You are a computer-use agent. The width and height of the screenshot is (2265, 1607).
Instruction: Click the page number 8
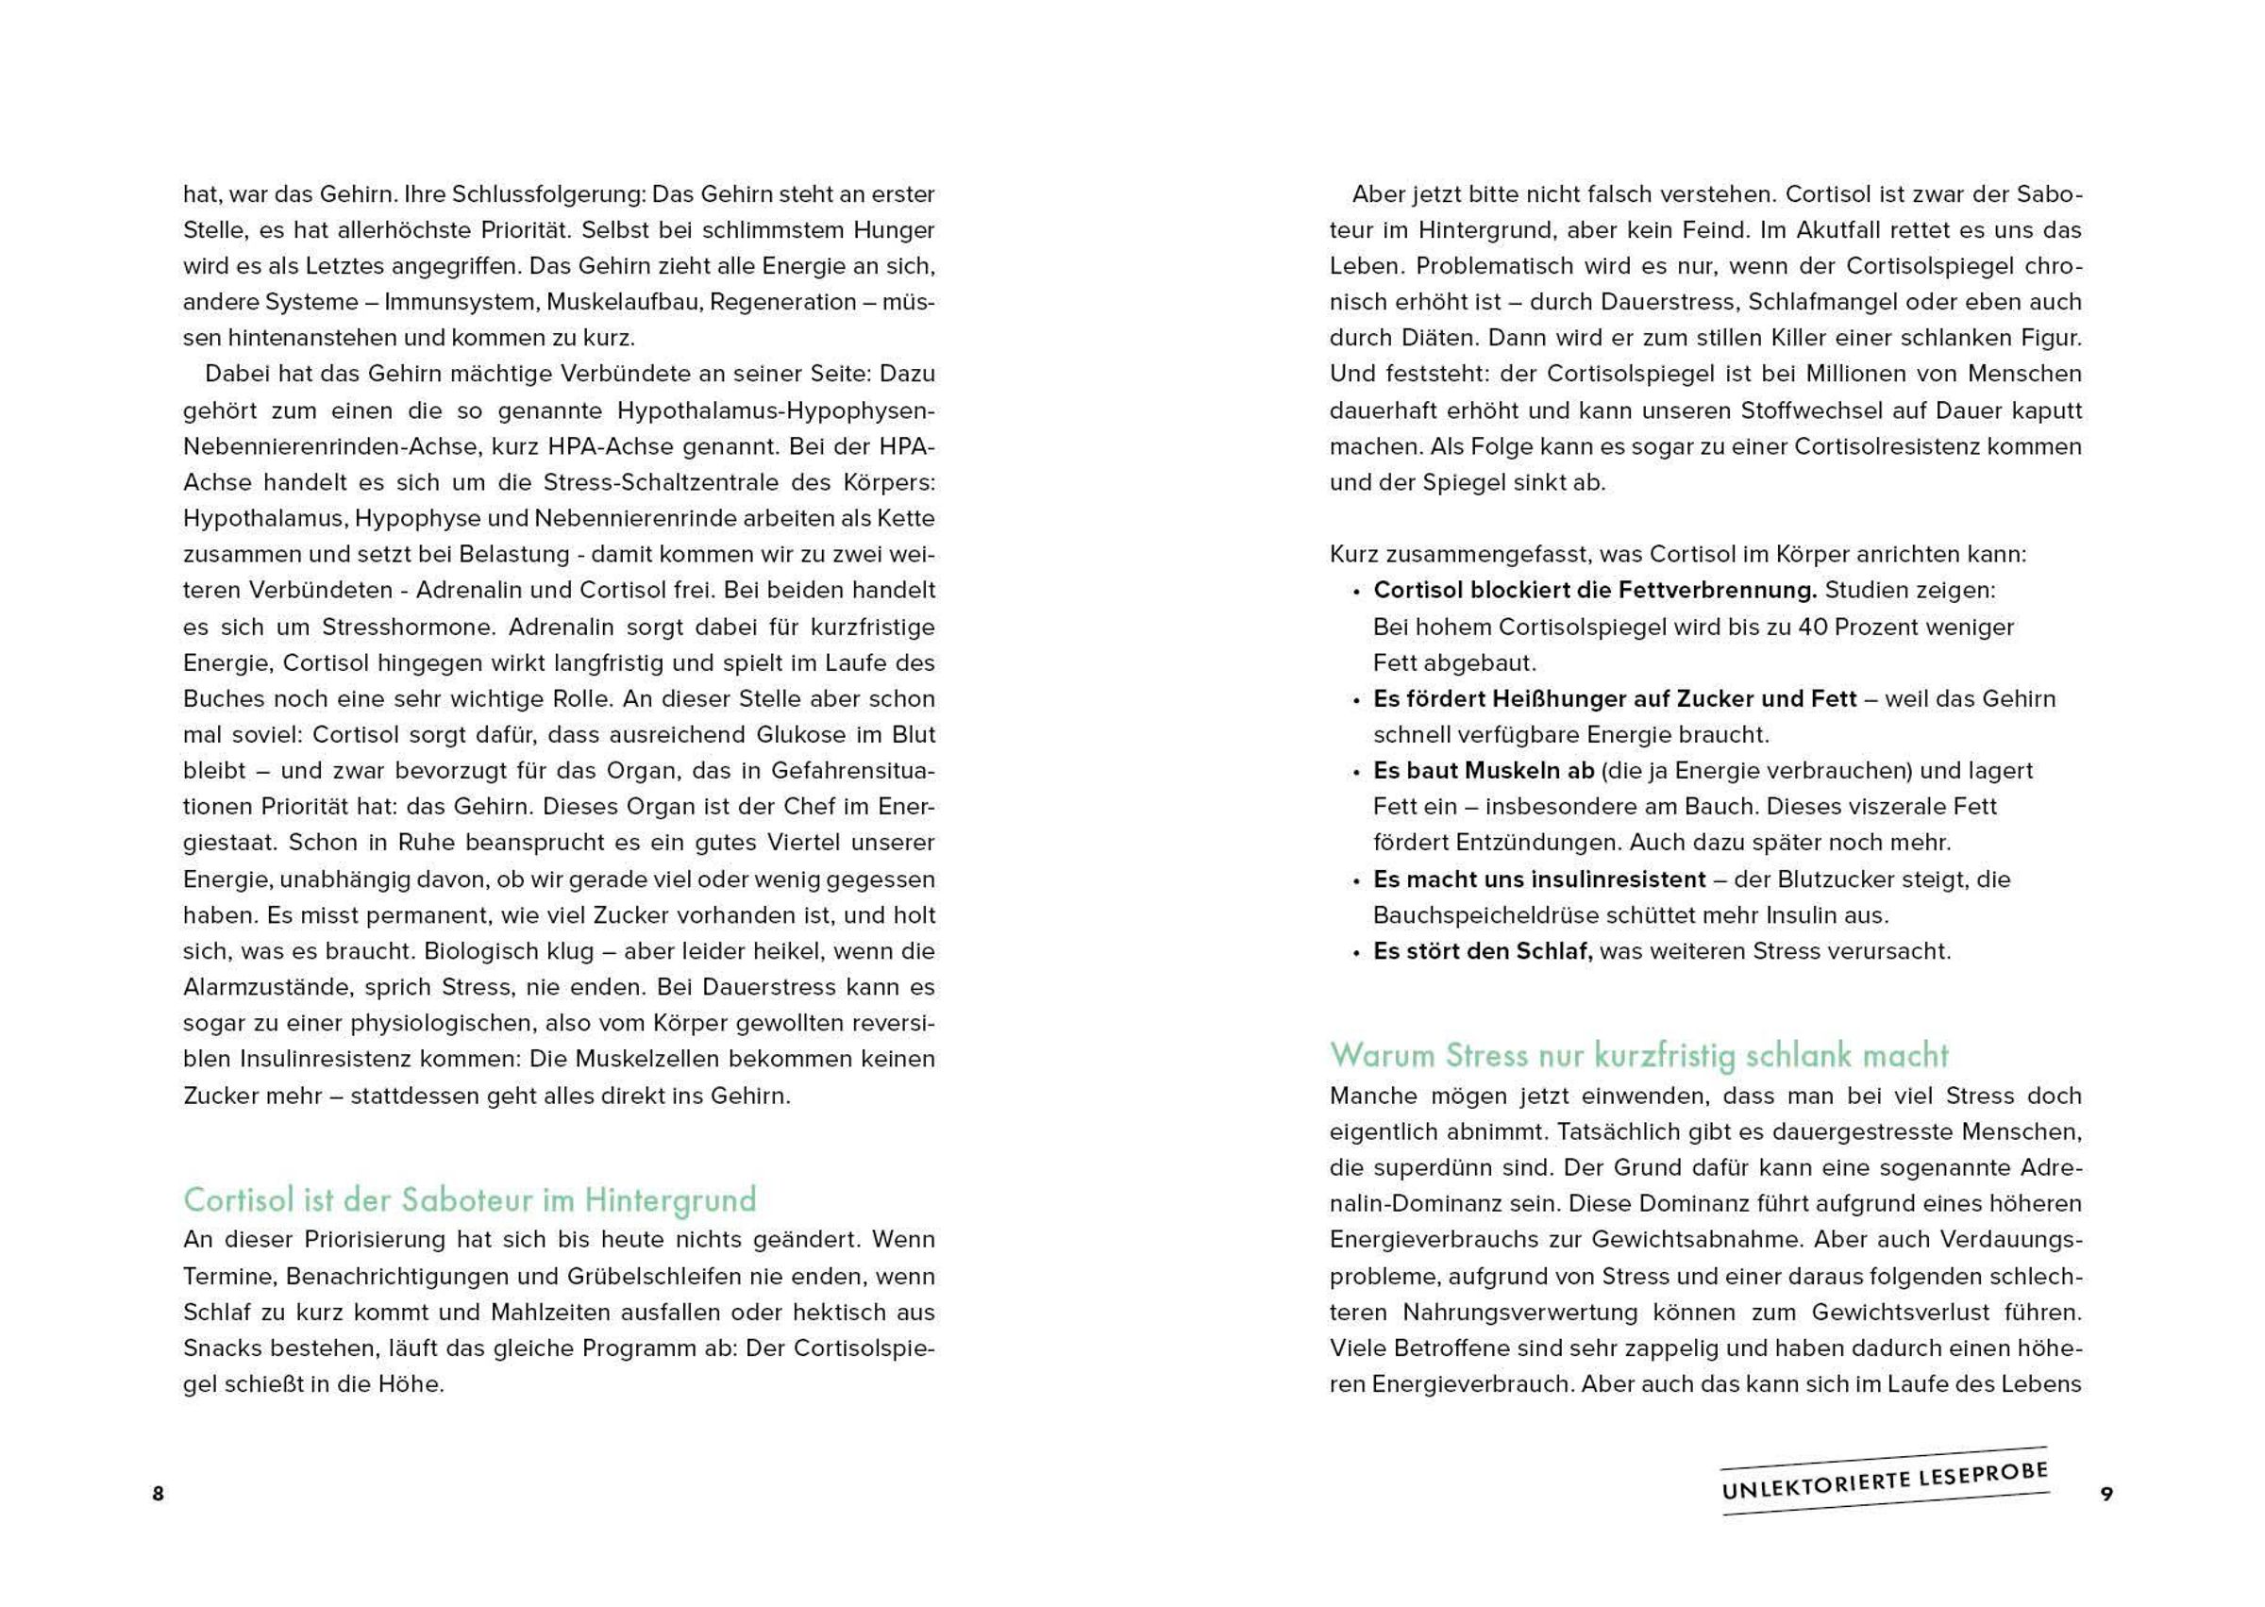tap(158, 1493)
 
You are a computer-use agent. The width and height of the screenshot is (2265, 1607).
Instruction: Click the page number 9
tap(2106, 1493)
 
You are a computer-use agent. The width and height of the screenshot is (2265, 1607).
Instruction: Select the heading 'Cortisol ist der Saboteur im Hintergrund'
tap(469, 1199)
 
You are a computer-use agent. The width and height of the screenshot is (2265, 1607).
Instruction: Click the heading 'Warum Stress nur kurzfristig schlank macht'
tap(1638, 1055)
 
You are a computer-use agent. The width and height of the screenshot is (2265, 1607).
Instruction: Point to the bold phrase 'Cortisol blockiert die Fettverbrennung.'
tap(1595, 591)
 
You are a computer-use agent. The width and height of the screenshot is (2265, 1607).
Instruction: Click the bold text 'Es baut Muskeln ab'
tap(1484, 771)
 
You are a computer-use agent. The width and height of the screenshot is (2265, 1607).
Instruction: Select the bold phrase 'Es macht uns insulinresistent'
tap(1538, 879)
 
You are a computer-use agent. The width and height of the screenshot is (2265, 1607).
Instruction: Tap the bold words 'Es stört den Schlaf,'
tap(1483, 951)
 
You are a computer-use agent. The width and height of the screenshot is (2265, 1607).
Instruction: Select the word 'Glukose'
tap(803, 734)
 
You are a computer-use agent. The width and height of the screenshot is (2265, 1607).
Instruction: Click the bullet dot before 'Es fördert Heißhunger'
tap(1356, 700)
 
